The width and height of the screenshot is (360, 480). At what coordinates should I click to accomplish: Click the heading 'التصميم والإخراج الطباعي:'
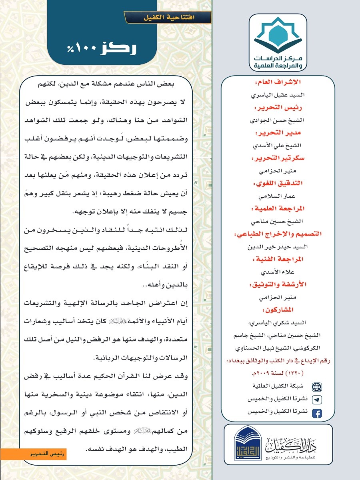278,234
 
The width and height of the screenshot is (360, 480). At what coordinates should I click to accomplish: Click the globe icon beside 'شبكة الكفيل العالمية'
316,387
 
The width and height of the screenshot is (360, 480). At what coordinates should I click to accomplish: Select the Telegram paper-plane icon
316,400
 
